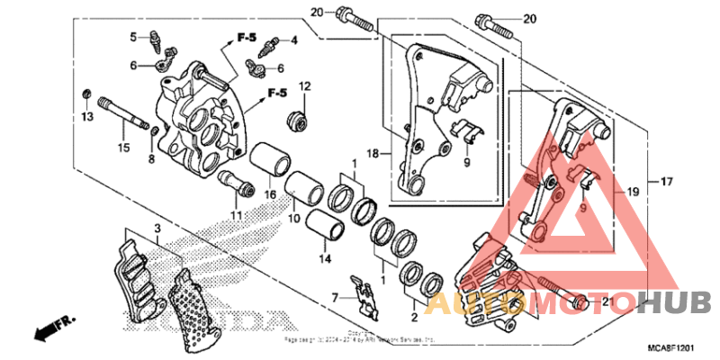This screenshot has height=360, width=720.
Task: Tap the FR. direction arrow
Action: (53, 328)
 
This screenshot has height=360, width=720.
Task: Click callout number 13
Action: (86, 117)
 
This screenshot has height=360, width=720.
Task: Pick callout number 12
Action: (305, 86)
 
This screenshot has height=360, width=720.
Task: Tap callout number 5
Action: (132, 37)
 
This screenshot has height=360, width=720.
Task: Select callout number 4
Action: (293, 40)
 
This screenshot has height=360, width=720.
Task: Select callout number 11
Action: (236, 216)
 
